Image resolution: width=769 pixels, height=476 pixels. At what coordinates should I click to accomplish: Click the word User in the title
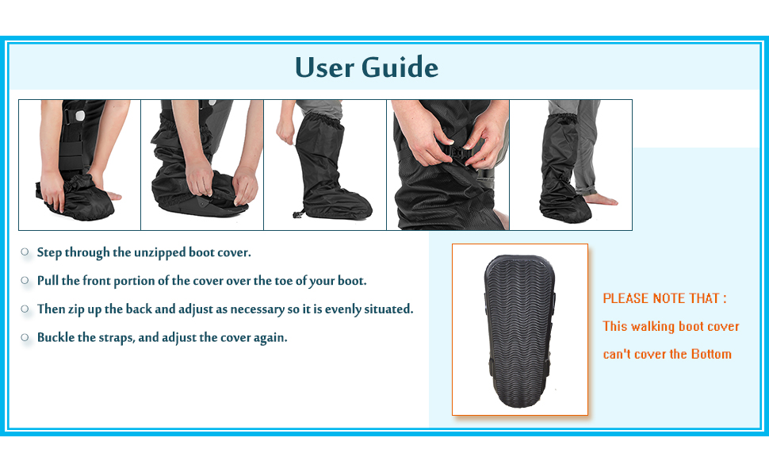click(325, 67)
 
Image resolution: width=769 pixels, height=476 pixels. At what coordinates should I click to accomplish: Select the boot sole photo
click(520, 328)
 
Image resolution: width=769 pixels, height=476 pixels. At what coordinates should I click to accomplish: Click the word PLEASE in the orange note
click(626, 298)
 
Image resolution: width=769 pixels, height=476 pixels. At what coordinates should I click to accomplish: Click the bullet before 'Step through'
click(25, 252)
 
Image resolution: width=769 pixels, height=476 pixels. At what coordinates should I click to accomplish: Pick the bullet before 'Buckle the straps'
click(25, 337)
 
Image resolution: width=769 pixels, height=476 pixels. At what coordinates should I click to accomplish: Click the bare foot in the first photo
click(113, 194)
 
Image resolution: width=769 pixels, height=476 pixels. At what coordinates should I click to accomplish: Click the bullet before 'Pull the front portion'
click(25, 281)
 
